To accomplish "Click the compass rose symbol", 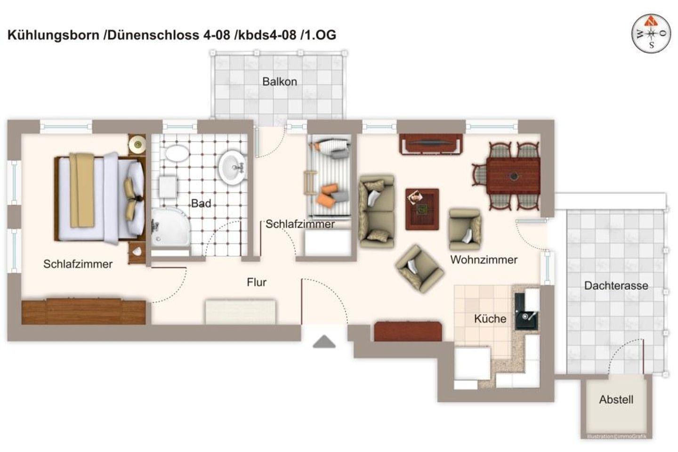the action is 651,34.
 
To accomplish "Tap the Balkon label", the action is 279,82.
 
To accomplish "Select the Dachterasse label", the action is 616,285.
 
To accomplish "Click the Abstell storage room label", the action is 616,399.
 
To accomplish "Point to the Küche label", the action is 490,318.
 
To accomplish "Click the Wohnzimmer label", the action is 484,259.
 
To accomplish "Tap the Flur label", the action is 256,282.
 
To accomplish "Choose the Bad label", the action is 201,203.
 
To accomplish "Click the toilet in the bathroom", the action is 177,153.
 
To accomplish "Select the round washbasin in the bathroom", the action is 232,168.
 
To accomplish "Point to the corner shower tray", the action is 170,227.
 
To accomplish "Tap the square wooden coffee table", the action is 422,209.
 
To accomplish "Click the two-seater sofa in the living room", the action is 377,211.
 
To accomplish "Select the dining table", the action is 513,176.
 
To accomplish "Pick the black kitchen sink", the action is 526,312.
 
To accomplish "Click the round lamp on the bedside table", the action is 137,144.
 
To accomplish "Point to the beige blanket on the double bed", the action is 82,190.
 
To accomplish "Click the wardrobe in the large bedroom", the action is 83,312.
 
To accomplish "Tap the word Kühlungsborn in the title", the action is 53,35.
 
